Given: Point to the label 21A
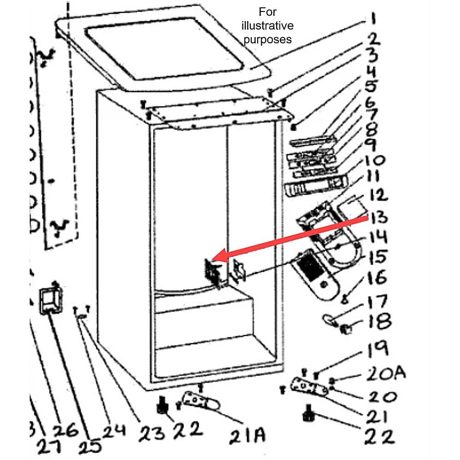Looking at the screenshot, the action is [x=247, y=435].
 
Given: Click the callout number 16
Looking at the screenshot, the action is [x=377, y=278].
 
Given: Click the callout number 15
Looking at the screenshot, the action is [x=377, y=257].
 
